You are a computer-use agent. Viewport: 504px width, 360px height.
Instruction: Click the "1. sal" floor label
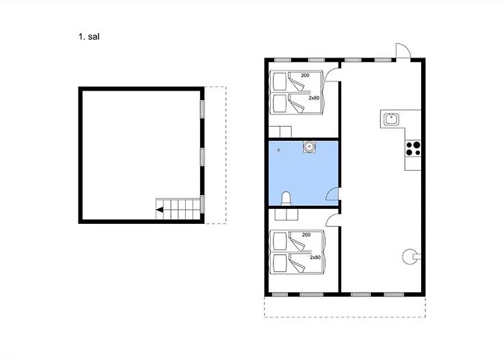(x=89, y=37)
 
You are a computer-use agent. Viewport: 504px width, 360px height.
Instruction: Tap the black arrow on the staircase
(x=160, y=210)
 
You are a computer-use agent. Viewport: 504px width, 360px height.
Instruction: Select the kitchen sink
(x=391, y=120)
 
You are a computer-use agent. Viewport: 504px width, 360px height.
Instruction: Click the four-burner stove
(x=413, y=148)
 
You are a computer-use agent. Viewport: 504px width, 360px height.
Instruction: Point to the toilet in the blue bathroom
(x=286, y=198)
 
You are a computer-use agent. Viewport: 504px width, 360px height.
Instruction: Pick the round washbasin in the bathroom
(x=309, y=147)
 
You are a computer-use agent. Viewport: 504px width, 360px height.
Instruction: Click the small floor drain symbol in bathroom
(x=279, y=150)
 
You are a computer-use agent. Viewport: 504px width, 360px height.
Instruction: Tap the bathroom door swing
(x=332, y=194)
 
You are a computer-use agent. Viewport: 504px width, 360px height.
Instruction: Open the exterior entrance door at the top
(x=403, y=50)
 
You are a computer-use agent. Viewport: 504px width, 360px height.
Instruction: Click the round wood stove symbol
(x=410, y=256)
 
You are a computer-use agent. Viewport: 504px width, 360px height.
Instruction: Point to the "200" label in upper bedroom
(x=305, y=75)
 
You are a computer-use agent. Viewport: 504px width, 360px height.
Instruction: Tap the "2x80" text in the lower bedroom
(x=315, y=257)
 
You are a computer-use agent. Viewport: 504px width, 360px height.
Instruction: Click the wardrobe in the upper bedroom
(x=280, y=132)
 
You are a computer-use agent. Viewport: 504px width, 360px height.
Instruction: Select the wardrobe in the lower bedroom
(x=287, y=215)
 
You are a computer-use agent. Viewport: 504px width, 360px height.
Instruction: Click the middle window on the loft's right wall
(x=202, y=157)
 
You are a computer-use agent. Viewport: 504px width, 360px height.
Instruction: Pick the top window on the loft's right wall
(x=202, y=109)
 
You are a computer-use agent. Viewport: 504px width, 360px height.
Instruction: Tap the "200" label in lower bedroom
(x=306, y=235)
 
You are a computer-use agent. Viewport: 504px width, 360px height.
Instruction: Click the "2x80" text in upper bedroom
(x=314, y=98)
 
